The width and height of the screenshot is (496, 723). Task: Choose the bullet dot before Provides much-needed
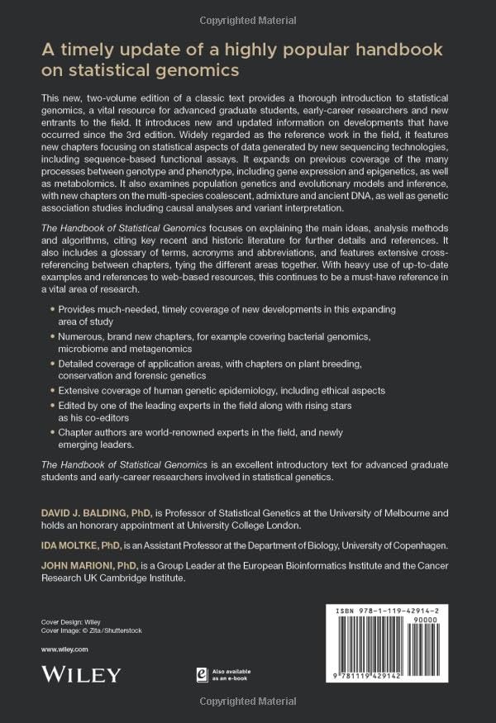coord(51,308)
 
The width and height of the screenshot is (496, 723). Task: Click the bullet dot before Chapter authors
coord(51,432)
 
